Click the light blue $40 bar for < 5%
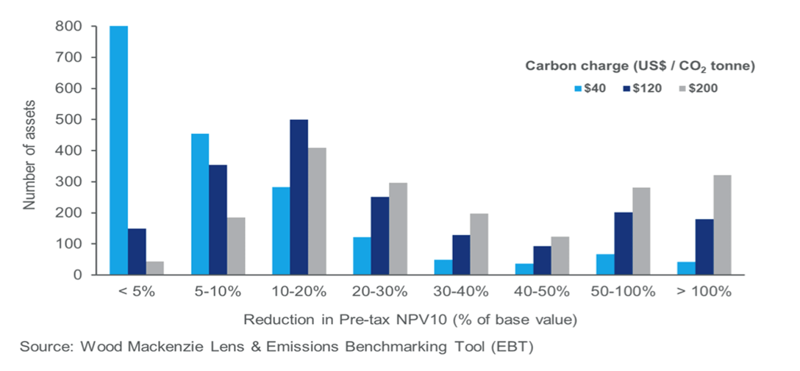118,151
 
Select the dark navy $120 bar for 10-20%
299,197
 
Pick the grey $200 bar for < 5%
154,268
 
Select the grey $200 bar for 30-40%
479,244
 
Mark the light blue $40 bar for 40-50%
443,269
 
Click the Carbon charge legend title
640,66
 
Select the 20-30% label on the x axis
379,291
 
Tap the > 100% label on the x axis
704,291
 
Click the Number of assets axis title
29,151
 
